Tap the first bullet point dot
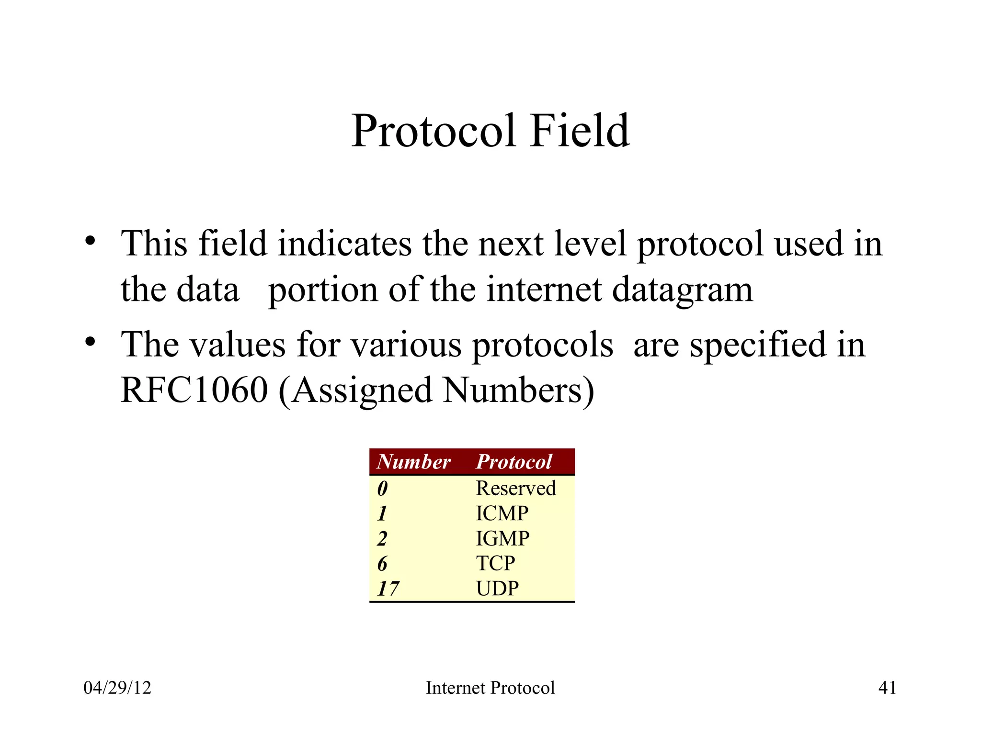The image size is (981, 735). point(90,241)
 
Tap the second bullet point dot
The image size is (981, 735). point(90,342)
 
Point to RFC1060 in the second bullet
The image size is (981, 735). point(194,390)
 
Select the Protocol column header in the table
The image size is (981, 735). point(514,462)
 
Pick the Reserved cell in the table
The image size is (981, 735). point(516,489)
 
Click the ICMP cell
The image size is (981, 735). point(502,513)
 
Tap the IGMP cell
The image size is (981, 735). point(502,538)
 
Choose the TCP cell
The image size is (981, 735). point(495,563)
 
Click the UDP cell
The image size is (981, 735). point(497,588)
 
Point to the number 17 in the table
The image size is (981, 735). point(388,589)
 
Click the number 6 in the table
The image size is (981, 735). point(382,564)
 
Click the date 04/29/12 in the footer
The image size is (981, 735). point(117,688)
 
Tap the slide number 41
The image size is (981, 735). point(887,688)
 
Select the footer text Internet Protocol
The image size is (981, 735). point(490,688)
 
